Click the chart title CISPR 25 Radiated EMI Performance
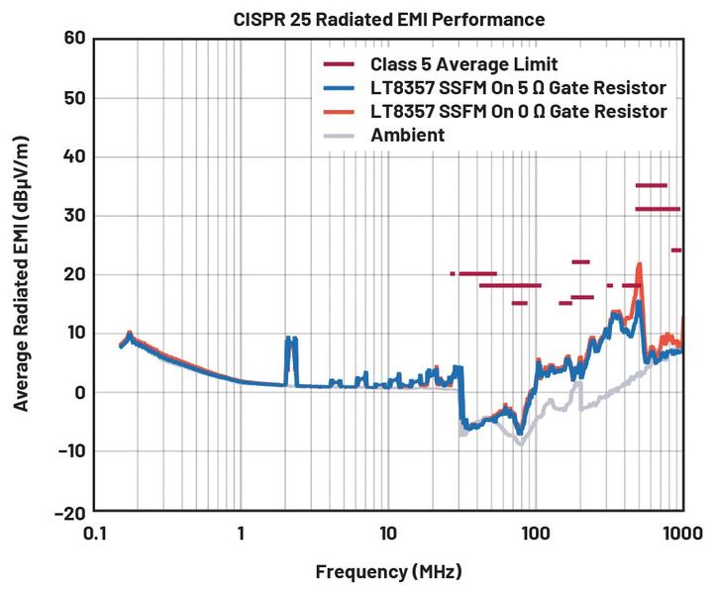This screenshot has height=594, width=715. point(388,20)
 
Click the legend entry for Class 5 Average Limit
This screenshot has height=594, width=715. point(451,65)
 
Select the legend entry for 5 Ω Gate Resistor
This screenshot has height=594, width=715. point(517,88)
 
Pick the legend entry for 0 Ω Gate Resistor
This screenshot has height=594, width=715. point(517,111)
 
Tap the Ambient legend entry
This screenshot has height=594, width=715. point(408,134)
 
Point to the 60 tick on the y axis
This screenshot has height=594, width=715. point(73,39)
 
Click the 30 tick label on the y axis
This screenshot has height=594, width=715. point(73,216)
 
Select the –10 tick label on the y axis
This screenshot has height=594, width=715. point(68,451)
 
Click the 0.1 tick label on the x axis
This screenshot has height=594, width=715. point(94,534)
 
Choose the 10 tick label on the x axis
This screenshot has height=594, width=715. point(388,534)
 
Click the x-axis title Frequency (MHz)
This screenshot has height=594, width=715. point(388,572)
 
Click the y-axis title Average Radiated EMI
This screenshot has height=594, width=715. point(22,275)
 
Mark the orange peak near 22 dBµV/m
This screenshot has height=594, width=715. point(640,265)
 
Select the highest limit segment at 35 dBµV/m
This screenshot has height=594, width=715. point(651,185)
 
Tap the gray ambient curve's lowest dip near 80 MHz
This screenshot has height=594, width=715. point(520,444)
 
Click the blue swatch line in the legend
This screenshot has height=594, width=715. point(341,88)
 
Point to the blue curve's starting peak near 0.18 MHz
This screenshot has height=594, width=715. point(129,335)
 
